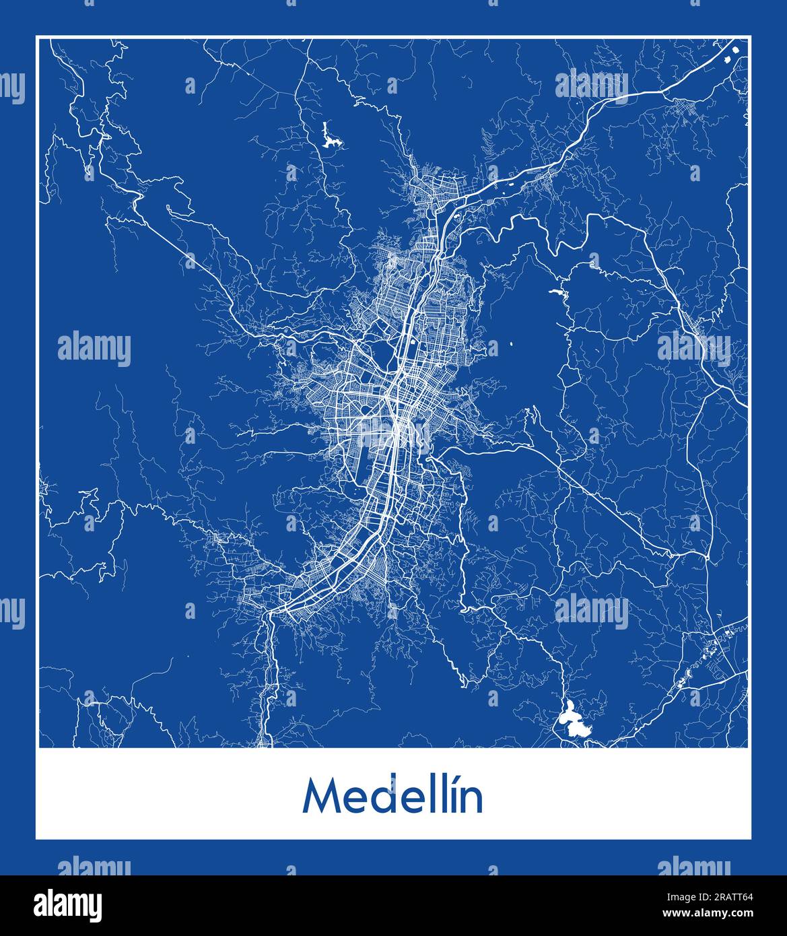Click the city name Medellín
393,797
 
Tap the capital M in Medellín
320,797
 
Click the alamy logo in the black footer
67,904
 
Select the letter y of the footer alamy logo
95,906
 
